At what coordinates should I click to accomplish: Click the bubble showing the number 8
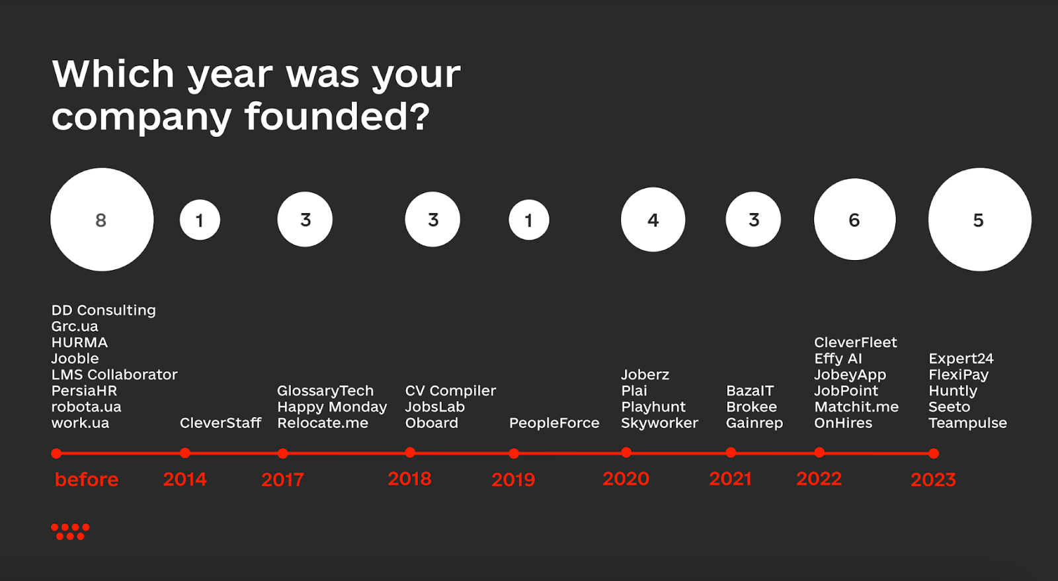102,219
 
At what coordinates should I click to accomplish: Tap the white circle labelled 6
854,219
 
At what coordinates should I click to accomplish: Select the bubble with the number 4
653,219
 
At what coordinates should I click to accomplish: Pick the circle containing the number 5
979,219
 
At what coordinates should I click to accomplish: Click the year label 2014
184,479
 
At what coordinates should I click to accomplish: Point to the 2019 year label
513,479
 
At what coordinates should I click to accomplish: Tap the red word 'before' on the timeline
87,479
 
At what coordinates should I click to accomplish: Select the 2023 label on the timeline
933,479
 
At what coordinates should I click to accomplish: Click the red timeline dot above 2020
626,453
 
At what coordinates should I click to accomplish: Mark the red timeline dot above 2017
282,453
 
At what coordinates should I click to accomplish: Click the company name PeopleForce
554,423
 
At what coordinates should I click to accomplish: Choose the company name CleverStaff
221,423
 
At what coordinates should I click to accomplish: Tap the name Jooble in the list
75,359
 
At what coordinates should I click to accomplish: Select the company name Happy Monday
332,406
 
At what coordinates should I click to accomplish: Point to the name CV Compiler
450,390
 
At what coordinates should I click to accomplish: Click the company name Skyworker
659,423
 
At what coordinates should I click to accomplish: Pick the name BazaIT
750,390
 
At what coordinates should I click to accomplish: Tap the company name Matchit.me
856,406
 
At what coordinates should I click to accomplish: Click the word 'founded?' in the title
337,116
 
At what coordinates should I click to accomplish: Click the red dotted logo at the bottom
70,531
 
